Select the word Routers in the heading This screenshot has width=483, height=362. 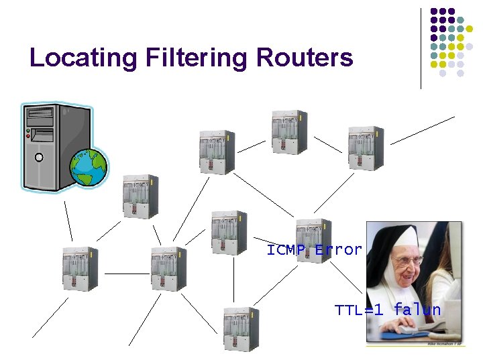(304, 58)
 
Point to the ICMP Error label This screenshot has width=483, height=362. (314, 250)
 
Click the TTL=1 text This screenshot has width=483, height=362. (359, 310)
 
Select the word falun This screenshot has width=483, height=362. (417, 310)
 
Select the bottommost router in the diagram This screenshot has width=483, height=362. (241, 329)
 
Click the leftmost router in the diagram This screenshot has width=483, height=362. (80, 268)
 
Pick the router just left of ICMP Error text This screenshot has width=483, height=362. (229, 233)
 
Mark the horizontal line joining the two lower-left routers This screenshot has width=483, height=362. (126, 274)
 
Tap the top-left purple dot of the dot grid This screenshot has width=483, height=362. (433, 11)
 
